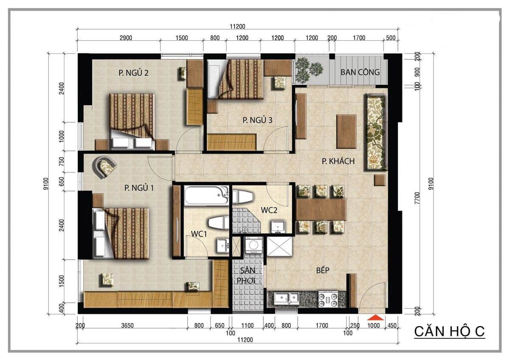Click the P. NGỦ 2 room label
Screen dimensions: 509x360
point(133,73)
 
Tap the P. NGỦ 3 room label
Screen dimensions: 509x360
point(257,120)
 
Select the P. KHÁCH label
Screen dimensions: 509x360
point(338,161)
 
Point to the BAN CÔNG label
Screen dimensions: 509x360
point(360,72)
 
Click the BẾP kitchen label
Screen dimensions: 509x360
point(323,270)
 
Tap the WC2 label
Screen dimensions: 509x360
point(269,210)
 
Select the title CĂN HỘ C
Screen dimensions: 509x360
point(449,332)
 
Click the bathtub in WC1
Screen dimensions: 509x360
point(206,195)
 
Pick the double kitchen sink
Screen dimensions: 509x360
point(286,298)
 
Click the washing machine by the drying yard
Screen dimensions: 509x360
point(254,245)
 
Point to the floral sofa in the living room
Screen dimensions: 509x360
point(375,132)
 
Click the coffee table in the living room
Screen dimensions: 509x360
point(346,132)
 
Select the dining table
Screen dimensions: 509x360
point(321,210)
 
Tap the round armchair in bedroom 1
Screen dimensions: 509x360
point(104,166)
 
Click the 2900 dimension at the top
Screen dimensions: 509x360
point(126,38)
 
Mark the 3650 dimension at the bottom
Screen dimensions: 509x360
point(127,326)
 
